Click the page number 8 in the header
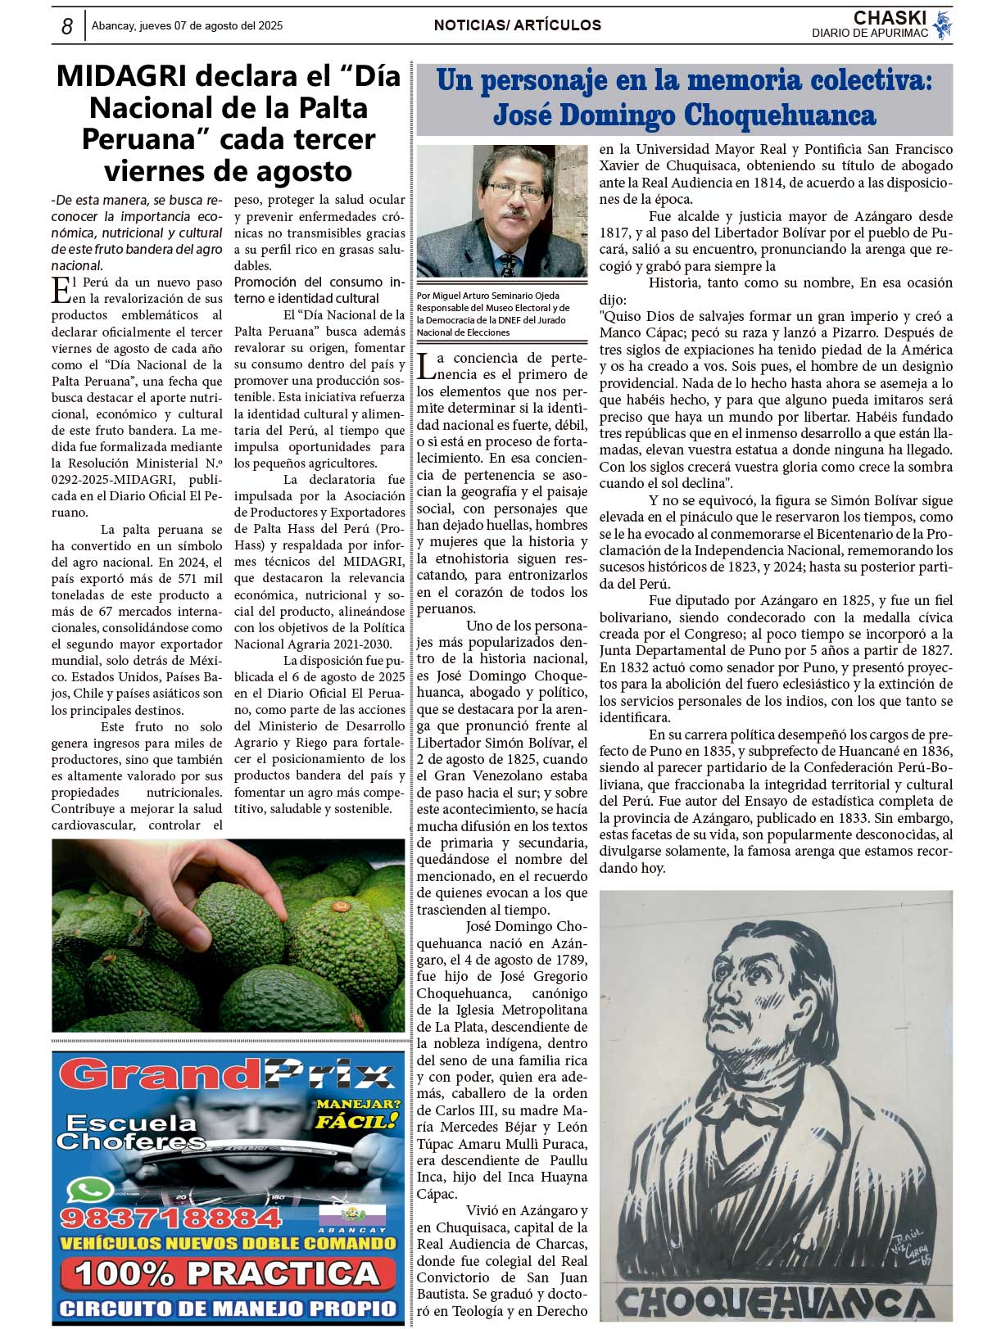(67, 26)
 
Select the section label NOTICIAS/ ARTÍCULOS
(517, 25)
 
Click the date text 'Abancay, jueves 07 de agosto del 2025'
(187, 26)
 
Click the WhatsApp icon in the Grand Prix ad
(88, 1191)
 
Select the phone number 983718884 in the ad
(170, 1218)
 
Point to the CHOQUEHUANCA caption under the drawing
(775, 1301)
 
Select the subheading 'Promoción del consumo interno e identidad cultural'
(319, 290)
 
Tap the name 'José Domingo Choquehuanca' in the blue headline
(684, 115)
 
